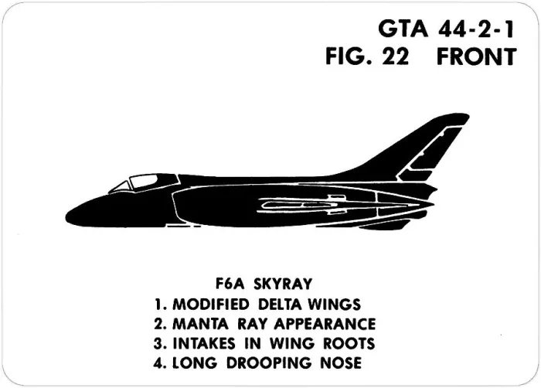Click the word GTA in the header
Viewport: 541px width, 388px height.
[403, 29]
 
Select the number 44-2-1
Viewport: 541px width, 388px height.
[476, 29]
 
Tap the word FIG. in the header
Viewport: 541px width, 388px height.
[349, 56]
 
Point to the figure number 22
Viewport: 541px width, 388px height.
[396, 56]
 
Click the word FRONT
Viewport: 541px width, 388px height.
[477, 56]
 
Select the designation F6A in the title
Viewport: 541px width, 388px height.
[230, 284]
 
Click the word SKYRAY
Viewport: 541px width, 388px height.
[283, 284]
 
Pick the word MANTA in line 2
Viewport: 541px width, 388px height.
[200, 324]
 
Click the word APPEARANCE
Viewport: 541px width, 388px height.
[325, 324]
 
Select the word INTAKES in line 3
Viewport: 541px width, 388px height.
[203, 343]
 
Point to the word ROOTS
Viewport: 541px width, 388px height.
[349, 343]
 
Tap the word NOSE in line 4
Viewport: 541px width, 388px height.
[341, 362]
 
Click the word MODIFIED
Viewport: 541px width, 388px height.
[210, 304]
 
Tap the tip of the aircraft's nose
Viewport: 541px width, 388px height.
[66, 217]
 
